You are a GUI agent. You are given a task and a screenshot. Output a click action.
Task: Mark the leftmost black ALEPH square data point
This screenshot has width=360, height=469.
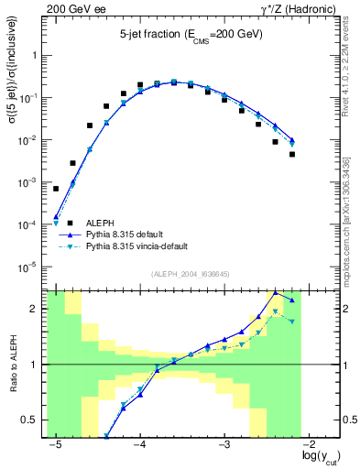pyautogui.click(x=56, y=189)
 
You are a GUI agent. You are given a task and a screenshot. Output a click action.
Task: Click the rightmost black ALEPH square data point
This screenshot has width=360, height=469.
pyautogui.click(x=292, y=154)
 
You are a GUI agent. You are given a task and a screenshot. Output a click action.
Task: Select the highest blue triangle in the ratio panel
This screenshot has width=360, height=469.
pyautogui.click(x=275, y=292)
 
